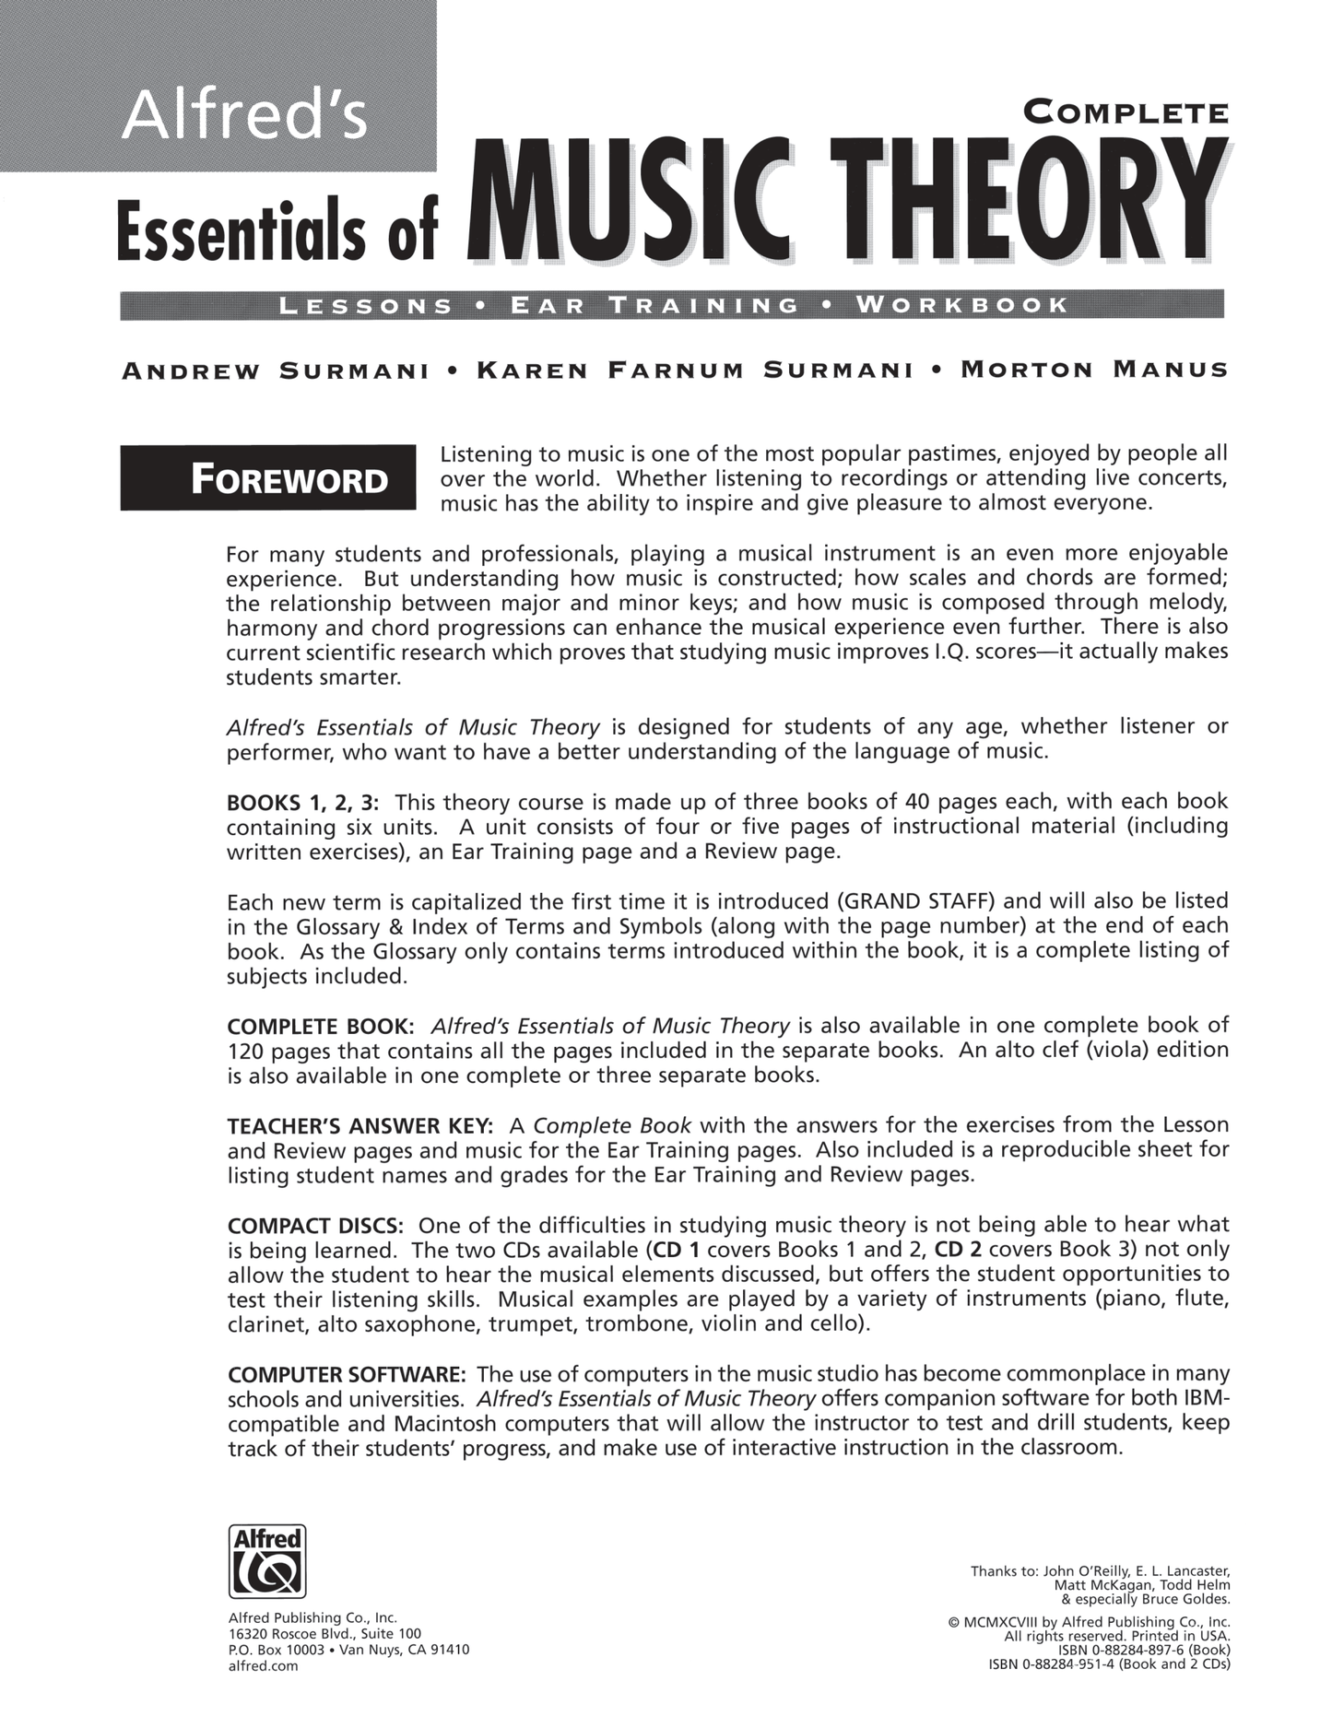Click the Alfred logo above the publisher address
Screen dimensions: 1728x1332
(266, 1560)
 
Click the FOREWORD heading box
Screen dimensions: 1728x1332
(268, 477)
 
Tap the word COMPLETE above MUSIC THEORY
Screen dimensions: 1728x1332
(1126, 113)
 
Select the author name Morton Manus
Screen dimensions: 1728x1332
(1094, 370)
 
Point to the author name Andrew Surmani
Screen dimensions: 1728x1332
(276, 371)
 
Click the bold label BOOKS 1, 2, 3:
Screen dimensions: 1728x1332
(303, 802)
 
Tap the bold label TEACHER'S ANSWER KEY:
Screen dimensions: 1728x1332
(360, 1126)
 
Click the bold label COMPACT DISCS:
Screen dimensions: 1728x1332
(315, 1227)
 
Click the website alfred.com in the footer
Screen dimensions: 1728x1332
(263, 1665)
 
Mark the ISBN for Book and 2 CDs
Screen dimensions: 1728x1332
(1109, 1663)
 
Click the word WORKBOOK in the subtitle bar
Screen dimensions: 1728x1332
(962, 305)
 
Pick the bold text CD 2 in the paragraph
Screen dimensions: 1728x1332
(959, 1250)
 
